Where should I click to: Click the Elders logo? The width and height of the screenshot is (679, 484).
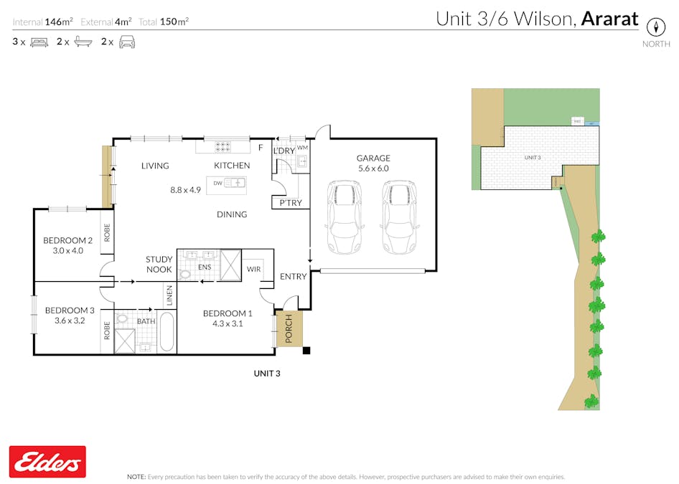click(47, 461)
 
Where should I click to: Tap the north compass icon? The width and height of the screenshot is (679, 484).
click(655, 27)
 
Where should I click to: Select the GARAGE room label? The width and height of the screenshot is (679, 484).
click(373, 158)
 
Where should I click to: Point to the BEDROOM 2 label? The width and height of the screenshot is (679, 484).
click(68, 240)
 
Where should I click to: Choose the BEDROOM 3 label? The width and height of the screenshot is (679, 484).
click(70, 310)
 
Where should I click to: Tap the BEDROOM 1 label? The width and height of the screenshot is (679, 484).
click(228, 313)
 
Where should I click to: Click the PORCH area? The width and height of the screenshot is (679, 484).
click(289, 330)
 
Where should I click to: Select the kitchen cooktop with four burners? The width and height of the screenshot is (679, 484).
click(223, 146)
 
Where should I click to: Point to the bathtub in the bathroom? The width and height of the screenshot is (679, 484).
click(167, 332)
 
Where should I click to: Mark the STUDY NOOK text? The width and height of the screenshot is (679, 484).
click(159, 265)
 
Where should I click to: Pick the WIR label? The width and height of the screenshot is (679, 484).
click(254, 270)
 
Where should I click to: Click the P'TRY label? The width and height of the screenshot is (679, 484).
click(291, 204)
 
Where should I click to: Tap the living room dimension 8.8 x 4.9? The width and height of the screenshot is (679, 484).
click(185, 190)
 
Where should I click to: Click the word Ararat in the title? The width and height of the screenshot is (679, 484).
click(609, 19)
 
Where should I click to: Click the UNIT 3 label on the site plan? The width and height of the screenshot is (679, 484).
click(532, 157)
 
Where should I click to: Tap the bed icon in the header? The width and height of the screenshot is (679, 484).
click(39, 42)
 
